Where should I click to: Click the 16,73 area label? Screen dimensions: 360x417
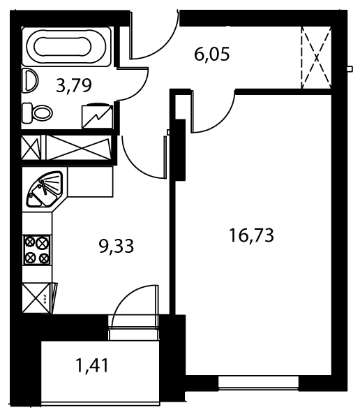(x=251, y=235)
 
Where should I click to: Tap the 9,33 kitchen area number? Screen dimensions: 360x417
(x=116, y=246)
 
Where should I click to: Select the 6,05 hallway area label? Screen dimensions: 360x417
(x=212, y=54)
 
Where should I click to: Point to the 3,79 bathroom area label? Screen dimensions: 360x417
(x=74, y=85)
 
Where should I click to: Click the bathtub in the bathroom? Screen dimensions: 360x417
(x=66, y=47)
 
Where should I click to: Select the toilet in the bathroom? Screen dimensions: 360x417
(x=37, y=113)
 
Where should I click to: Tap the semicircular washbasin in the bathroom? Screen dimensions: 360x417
(x=30, y=81)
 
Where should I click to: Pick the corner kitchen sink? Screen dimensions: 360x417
(x=45, y=189)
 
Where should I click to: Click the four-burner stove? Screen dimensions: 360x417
(x=37, y=250)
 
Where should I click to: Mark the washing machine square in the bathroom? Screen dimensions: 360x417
(x=98, y=117)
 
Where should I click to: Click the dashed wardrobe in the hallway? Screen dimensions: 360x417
(x=316, y=57)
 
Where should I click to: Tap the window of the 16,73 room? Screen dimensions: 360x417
(x=258, y=383)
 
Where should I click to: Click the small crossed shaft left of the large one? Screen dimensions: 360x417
(x=31, y=148)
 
